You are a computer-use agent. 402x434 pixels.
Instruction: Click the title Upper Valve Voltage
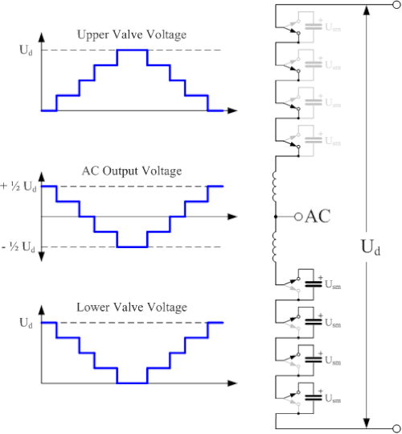coord(132,35)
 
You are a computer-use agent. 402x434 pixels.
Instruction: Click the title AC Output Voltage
coord(132,171)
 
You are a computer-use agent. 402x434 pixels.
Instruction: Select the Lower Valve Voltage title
coord(132,308)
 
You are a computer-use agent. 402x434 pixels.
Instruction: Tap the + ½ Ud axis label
coord(18,187)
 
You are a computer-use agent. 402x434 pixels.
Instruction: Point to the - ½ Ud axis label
coord(18,246)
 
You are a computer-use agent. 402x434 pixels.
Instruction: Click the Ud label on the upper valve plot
coord(26,51)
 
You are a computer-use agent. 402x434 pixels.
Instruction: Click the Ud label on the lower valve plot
coord(26,323)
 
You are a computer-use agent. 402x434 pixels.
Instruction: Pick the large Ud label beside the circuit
coord(371,247)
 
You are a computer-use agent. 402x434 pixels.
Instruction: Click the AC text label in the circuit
coord(318,217)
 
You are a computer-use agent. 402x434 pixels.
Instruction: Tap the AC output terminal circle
coord(298,217)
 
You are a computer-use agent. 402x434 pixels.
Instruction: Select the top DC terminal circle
coord(396,5)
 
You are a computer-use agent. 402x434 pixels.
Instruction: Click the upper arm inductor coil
coord(275,187)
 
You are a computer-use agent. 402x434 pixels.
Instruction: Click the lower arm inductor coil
coord(275,247)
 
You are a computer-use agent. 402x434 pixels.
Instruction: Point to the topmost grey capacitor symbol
coord(314,27)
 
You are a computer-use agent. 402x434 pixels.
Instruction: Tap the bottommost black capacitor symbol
coord(314,398)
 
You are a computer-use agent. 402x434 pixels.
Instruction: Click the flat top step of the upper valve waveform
coord(132,50)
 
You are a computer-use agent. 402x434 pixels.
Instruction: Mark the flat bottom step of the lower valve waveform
coord(132,383)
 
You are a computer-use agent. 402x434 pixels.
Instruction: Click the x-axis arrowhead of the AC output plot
coord(232,217)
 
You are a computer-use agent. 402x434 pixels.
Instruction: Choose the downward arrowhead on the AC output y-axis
coord(42,257)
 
